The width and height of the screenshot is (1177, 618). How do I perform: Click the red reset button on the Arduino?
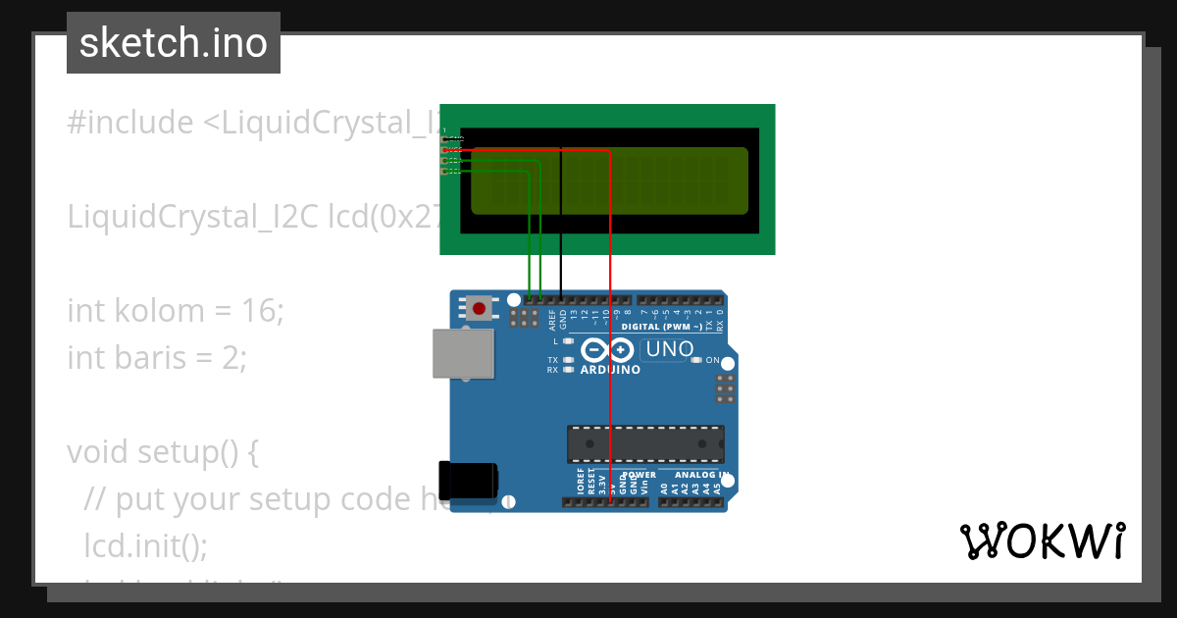[x=479, y=309]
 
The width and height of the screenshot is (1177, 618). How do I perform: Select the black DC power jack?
[x=468, y=480]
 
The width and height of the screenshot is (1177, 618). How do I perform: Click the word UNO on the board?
[x=671, y=349]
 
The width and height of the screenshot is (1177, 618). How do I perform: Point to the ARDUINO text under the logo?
[x=610, y=371]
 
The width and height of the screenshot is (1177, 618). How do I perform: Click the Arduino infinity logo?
[x=607, y=349]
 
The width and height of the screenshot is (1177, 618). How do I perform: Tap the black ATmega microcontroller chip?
[x=645, y=443]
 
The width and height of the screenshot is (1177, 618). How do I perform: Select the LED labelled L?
[x=568, y=341]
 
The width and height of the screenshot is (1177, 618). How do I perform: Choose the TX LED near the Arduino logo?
[x=568, y=360]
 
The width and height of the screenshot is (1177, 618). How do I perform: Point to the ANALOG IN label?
[x=700, y=476]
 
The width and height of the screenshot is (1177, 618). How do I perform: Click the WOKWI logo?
[x=1042, y=541]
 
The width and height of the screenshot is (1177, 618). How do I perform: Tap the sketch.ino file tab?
[x=174, y=43]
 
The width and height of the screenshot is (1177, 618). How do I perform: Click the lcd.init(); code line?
[x=146, y=545]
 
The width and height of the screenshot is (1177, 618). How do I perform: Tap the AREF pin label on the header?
[x=552, y=319]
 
